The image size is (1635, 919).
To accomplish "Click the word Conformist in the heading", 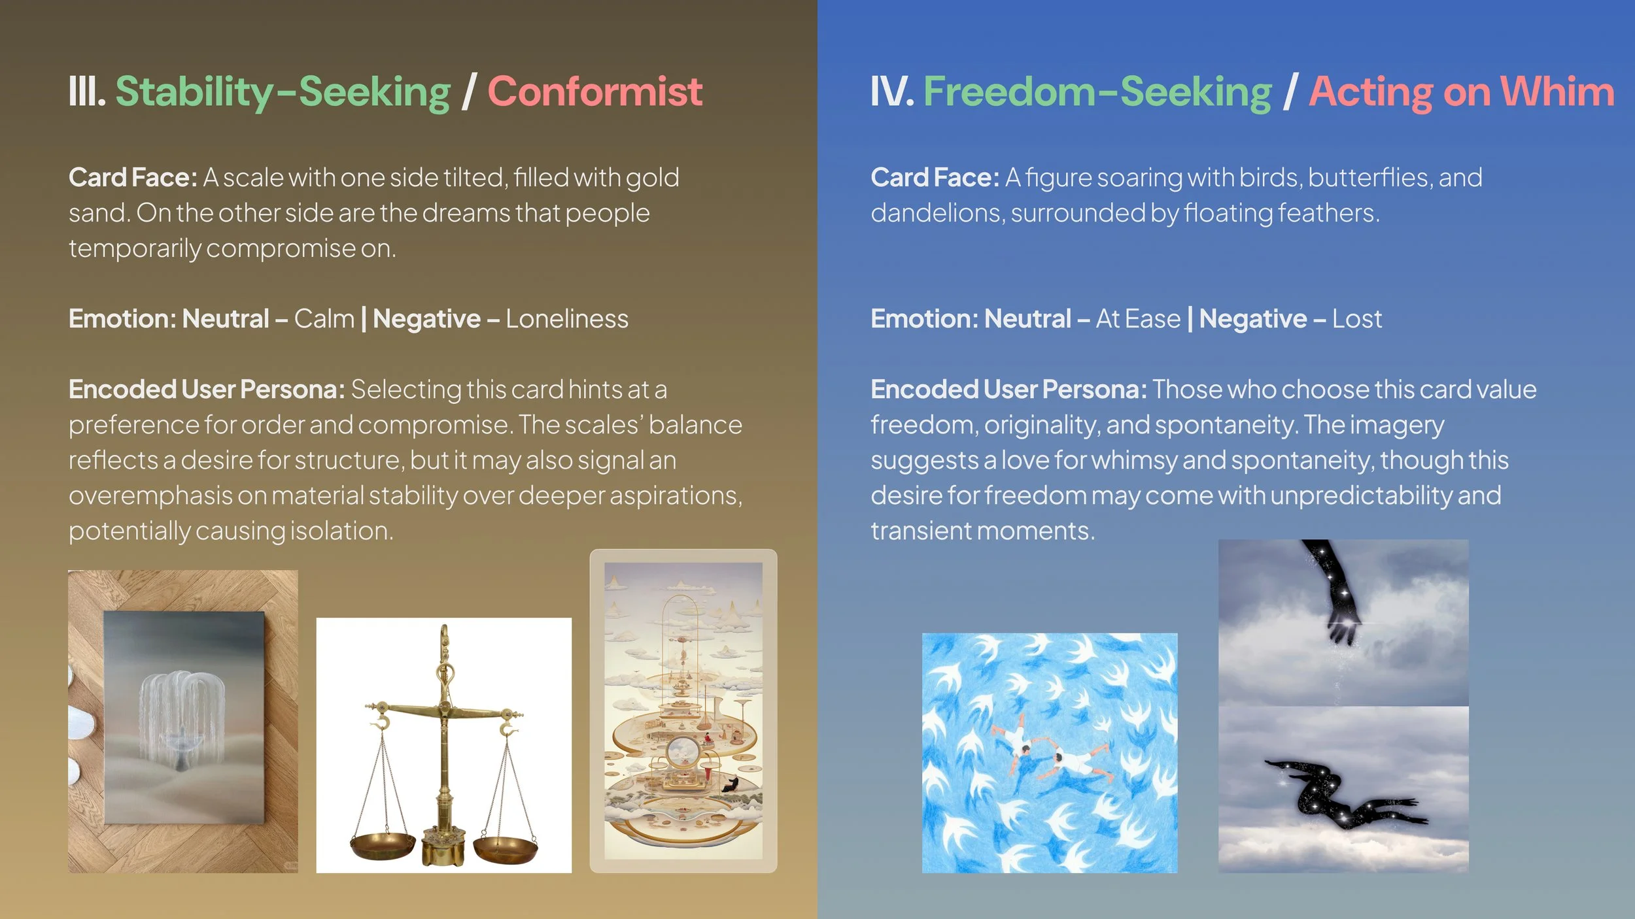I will pos(594,92).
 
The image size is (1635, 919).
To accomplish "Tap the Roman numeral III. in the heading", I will pos(87,92).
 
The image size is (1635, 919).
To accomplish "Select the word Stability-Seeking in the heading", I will pos(283,92).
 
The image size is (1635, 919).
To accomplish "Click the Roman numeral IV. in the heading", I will pos(891,92).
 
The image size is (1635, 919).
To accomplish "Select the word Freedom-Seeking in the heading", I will pos(1097,92).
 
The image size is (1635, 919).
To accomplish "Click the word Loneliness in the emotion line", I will pos(566,319).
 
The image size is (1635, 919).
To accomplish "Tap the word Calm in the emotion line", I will pos(324,319).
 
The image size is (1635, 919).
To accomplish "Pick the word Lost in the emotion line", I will pos(1357,319).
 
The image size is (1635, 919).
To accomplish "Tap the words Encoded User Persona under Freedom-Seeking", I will pos(1008,390).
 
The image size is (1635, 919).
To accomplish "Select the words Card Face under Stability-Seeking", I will pos(133,178).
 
